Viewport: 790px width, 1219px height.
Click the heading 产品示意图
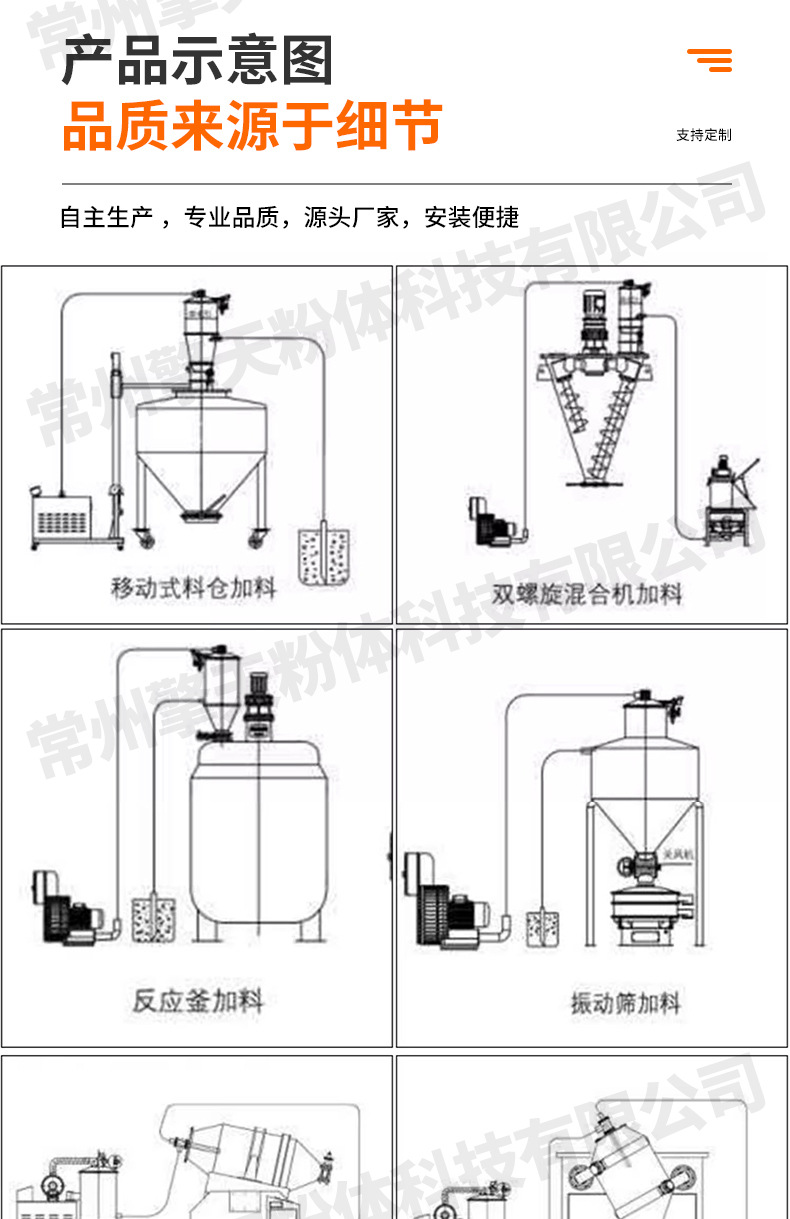pos(197,61)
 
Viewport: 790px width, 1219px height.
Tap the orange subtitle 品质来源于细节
pos(252,127)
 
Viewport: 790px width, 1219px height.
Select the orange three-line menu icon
pos(710,60)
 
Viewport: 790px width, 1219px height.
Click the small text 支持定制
pos(704,135)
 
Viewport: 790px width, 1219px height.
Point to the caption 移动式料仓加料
pos(193,587)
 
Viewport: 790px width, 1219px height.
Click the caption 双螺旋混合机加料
pos(587,594)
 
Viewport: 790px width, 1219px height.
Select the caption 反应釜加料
pos(198,999)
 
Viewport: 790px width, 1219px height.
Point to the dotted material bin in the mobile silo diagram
pos(324,556)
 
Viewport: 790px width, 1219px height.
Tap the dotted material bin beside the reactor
pos(153,918)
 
